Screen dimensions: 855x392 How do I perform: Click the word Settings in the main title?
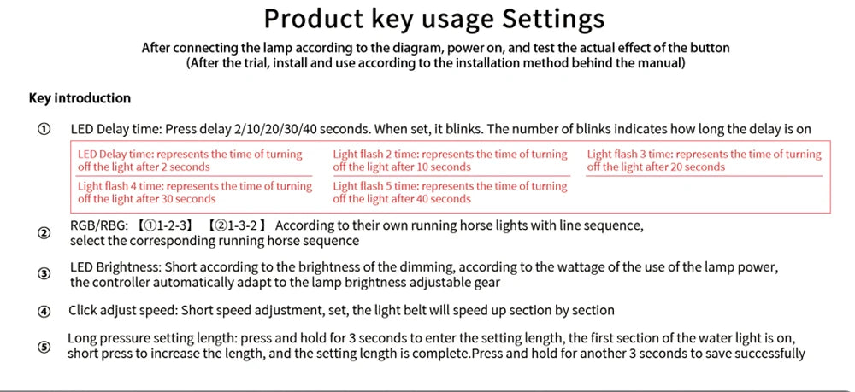pos(553,19)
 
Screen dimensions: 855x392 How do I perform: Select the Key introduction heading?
pos(80,98)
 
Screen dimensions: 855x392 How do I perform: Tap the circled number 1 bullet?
pos(44,130)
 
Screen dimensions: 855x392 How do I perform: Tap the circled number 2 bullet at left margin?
pos(44,233)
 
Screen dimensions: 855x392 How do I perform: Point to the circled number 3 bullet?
pos(44,274)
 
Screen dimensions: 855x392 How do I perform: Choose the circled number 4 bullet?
pos(44,312)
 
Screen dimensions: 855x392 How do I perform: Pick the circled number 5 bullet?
pos(44,347)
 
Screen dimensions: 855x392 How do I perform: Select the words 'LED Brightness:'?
pos(115,268)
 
